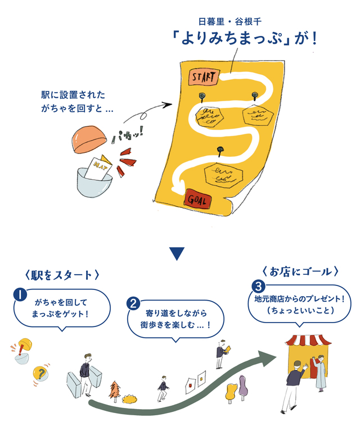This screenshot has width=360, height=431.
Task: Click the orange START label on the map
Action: pyautogui.click(x=201, y=76)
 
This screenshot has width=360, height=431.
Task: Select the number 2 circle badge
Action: pyautogui.click(x=134, y=303)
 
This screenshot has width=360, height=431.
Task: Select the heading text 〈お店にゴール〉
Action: pyautogui.click(x=300, y=271)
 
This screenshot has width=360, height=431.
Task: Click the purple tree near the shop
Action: pyautogui.click(x=243, y=386)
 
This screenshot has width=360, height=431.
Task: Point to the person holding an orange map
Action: pyautogui.click(x=222, y=352)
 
